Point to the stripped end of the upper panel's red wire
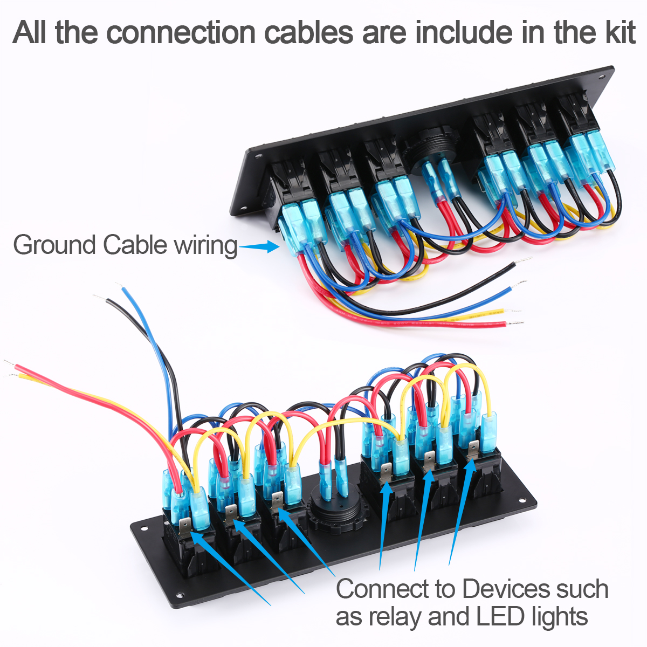point(515,323)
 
